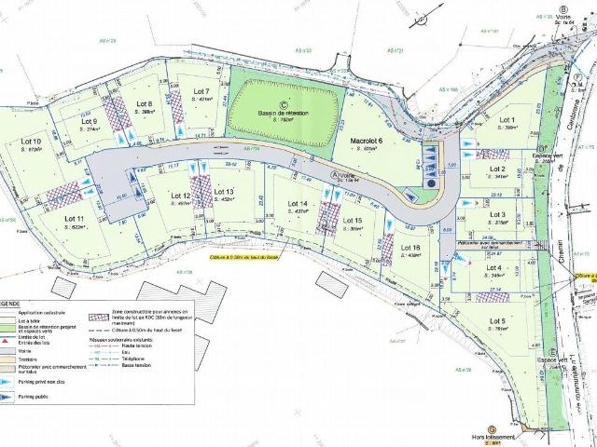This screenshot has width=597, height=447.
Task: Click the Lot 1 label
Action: pos(507,120)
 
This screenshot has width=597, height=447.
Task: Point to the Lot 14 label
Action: pos(298,203)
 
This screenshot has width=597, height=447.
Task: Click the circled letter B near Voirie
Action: pos(563,11)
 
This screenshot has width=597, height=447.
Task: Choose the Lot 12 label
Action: pos(181,196)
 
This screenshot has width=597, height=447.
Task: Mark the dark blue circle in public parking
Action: pos(431,184)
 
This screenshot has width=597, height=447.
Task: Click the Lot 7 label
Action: pos(200,91)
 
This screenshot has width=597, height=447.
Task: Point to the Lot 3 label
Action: pos(497,215)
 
